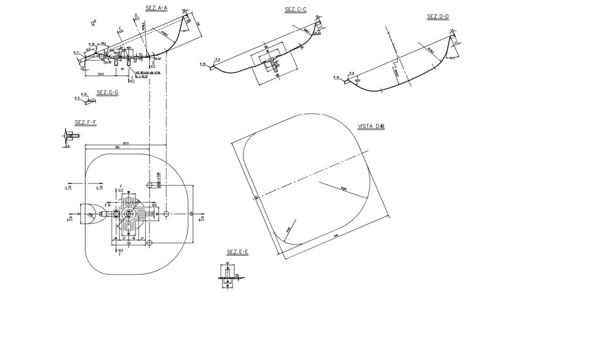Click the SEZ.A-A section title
pyautogui.click(x=156, y=7)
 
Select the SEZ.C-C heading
pyautogui.click(x=295, y=9)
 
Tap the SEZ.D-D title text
pyautogui.click(x=438, y=17)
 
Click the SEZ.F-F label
pyautogui.click(x=85, y=122)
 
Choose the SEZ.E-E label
pyautogui.click(x=237, y=252)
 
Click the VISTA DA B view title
pyautogui.click(x=371, y=126)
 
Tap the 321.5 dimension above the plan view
pyautogui.click(x=126, y=144)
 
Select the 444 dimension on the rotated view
pyautogui.click(x=337, y=235)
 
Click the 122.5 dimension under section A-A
pyautogui.click(x=99, y=74)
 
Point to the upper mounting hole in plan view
pyautogui.click(x=149, y=185)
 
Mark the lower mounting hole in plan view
pyautogui.click(x=149, y=243)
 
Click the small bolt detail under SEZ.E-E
pyautogui.click(x=227, y=275)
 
